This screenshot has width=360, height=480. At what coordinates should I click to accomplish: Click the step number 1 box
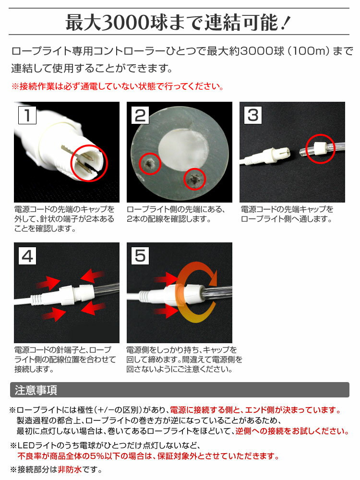(27, 115)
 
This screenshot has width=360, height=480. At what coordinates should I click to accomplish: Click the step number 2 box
(140, 115)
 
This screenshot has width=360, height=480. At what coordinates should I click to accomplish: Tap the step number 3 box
(253, 115)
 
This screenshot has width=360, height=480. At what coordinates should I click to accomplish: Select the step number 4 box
(27, 256)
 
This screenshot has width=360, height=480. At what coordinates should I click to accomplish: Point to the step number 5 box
(140, 256)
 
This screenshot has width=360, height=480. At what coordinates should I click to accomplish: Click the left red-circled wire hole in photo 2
(150, 164)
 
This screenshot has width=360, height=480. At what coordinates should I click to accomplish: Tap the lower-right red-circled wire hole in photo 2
(194, 179)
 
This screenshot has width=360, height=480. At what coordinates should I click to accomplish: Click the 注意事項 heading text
(36, 390)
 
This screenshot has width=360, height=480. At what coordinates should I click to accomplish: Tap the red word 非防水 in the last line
(70, 469)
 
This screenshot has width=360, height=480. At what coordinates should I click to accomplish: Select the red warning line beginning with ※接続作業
(117, 86)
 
